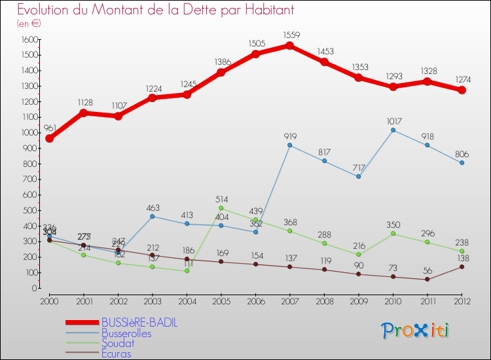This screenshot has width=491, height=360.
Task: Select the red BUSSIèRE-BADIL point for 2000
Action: click(49, 138)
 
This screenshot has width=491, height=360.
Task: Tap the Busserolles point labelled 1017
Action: click(393, 130)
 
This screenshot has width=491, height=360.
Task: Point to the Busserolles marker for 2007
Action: click(289, 145)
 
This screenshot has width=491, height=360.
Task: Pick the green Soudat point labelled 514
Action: click(221, 208)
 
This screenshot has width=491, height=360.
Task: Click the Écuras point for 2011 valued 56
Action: click(427, 279)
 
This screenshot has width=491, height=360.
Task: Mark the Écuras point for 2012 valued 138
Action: click(462, 266)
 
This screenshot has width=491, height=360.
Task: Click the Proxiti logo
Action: click(415, 331)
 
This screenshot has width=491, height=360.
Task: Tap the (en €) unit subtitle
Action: click(29, 23)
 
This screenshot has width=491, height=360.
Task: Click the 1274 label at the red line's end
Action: click(462, 79)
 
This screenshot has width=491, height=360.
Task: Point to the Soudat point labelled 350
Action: click(393, 233)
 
